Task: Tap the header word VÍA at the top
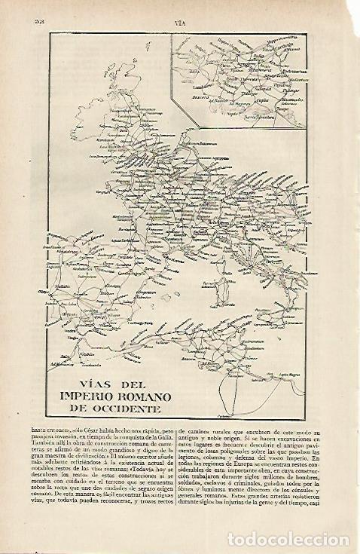click(x=180, y=23)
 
